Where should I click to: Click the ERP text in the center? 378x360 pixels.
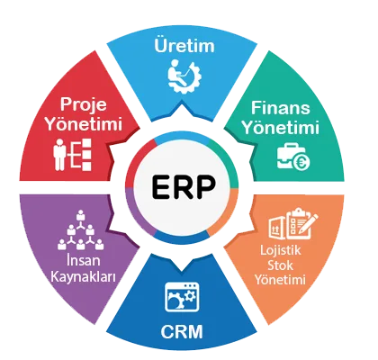pos(184,186)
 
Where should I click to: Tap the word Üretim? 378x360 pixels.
pos(184,46)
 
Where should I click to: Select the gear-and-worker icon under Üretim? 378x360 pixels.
pos(184,77)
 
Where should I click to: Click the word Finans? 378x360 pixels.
pos(281,107)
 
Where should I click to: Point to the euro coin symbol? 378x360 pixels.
pos(301,162)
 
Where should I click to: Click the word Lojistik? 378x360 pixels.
pos(281,250)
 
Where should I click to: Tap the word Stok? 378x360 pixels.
pos(280,265)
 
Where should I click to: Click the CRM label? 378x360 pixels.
pos(182,331)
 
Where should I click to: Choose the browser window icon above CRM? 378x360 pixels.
pos(182,297)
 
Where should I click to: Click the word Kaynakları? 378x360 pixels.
pos(83,276)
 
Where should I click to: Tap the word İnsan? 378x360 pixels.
pos(83,260)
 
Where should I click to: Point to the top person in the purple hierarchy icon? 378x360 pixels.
pos(80,215)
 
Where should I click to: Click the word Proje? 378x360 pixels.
pos(84,104)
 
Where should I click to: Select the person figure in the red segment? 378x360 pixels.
pos(59,155)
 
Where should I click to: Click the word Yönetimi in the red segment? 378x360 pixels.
pos(85,123)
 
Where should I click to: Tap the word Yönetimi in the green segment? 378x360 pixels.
pos(281,127)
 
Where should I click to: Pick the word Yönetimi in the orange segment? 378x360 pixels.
pos(280,279)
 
